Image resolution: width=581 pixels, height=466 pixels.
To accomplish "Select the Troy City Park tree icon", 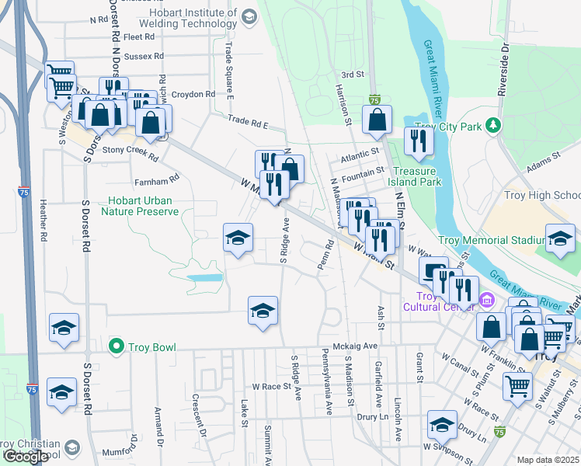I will click(492, 125).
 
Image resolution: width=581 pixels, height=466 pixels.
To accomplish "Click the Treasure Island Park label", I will click(416, 176).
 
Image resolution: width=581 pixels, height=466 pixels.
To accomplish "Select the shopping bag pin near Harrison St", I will click(377, 120).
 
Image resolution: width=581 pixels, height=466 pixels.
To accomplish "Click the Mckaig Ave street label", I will click(355, 346).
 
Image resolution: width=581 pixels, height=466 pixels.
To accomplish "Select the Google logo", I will click(26, 457).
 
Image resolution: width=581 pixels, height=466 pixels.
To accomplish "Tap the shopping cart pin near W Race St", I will click(518, 386).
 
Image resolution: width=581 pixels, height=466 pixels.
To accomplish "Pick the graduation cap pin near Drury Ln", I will click(442, 425).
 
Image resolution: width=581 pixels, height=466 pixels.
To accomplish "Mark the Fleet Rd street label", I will click(138, 37).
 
